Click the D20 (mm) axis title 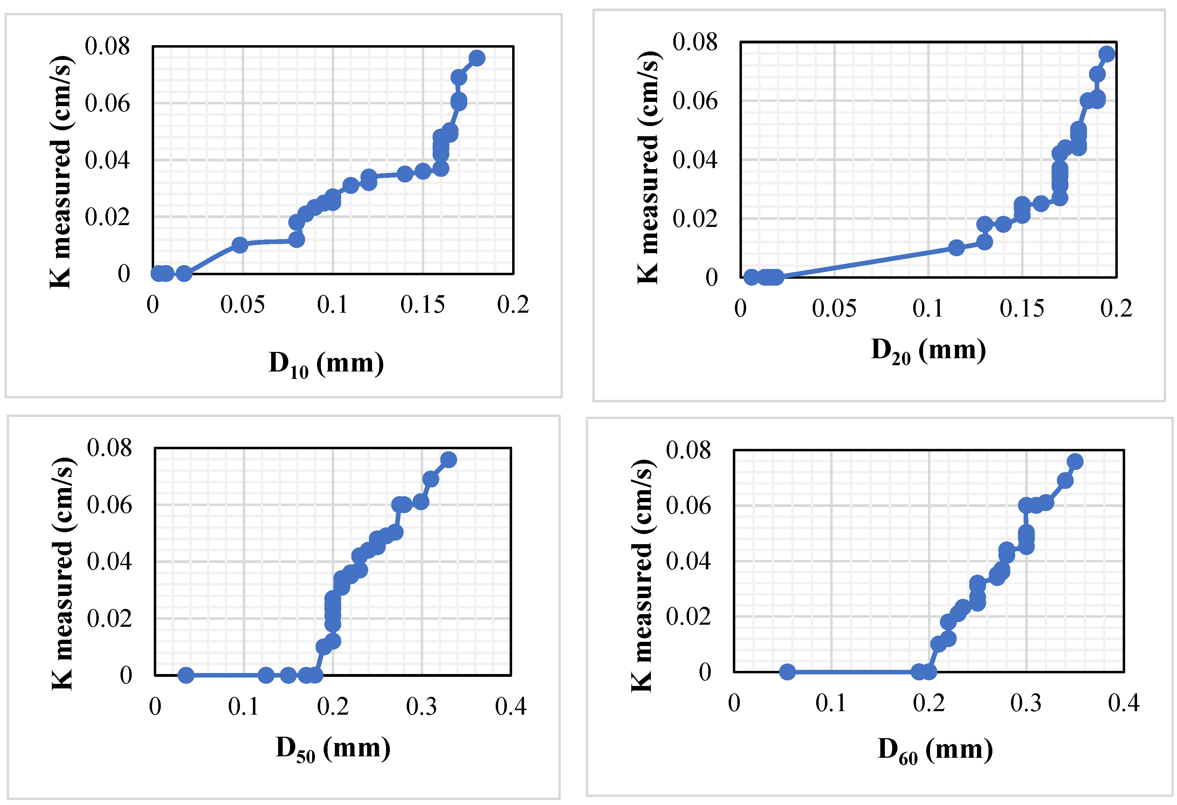point(928,351)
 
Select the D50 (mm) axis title point(333,748)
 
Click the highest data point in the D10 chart point(476,58)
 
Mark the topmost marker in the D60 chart point(1075,461)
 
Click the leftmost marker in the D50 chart point(186,675)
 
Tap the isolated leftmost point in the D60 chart point(787,672)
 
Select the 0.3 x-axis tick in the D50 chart point(421,707)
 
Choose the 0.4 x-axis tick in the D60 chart point(1123,703)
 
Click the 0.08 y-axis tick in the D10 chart point(108,46)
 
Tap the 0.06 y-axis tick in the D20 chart point(695,101)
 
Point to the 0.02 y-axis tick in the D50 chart point(109,618)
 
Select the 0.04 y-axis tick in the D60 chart point(688,561)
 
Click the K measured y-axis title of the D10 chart point(61,172)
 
